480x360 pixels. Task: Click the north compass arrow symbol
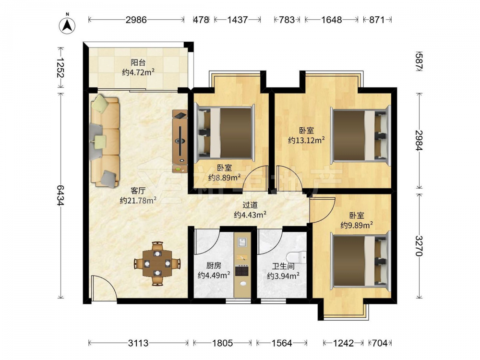(x=67, y=25)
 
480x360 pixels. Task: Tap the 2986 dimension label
(x=136, y=20)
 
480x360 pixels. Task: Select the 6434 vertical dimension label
(x=60, y=195)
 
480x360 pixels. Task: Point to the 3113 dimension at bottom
(x=138, y=343)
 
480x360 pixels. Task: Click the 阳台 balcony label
(x=138, y=63)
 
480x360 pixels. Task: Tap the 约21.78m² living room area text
(x=138, y=201)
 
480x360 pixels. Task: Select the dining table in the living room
(x=157, y=263)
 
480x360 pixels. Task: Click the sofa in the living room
(x=104, y=140)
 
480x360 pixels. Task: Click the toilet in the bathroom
(x=297, y=257)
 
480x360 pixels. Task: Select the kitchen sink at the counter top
(x=242, y=242)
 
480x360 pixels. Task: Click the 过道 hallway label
(x=250, y=205)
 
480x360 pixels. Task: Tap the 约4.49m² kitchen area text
(x=214, y=276)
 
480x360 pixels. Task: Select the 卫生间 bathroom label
(x=283, y=266)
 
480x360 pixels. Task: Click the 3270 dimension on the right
(x=419, y=245)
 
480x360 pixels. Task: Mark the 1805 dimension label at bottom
(x=223, y=343)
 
